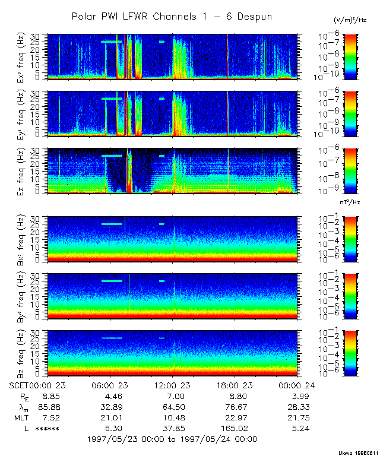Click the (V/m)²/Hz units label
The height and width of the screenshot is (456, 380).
point(350,20)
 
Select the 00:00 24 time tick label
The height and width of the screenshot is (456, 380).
point(297,385)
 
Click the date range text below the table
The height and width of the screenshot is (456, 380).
point(172,439)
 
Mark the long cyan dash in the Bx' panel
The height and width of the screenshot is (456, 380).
point(112,224)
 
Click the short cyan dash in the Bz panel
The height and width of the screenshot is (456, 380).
point(161,338)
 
